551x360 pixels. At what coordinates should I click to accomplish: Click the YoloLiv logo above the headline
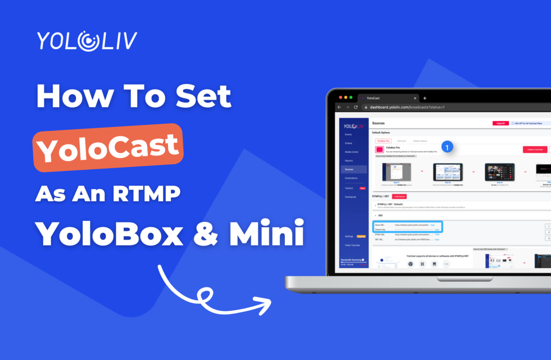87,41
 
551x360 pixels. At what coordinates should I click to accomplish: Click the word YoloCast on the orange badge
108,147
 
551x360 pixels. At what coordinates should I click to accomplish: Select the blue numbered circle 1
447,147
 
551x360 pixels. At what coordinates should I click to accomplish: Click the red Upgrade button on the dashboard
501,123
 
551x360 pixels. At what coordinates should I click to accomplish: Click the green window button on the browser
350,98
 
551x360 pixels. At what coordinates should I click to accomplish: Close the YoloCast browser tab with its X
415,98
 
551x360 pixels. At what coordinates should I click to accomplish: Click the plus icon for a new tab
425,98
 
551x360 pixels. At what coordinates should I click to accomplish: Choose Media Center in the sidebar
352,152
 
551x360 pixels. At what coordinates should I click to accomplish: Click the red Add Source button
399,196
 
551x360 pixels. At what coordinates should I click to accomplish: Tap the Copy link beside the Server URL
432,225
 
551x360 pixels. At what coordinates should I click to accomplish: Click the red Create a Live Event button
535,149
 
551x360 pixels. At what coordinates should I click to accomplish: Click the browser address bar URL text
407,107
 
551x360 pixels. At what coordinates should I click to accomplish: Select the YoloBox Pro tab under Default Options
383,141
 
